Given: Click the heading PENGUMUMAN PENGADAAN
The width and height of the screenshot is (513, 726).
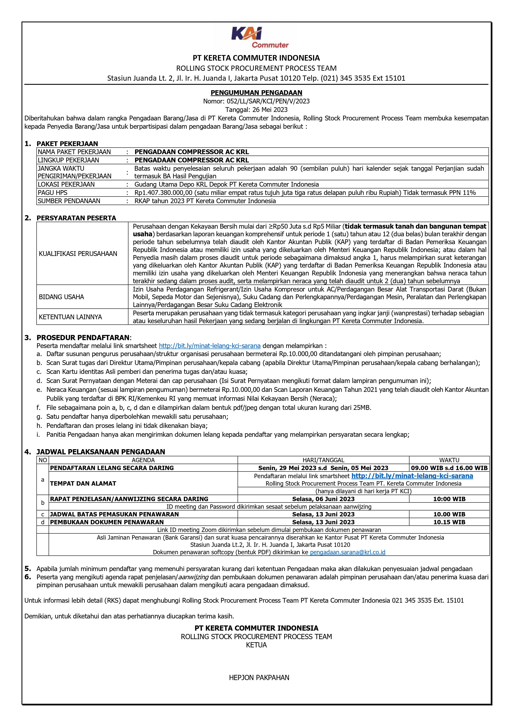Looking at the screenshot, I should [x=256, y=93].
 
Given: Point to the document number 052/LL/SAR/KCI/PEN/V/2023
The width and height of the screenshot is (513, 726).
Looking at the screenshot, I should [x=268, y=101].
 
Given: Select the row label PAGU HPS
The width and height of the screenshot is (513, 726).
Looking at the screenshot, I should [x=53, y=193].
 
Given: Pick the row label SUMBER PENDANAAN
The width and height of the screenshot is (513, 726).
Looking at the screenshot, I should [x=69, y=201].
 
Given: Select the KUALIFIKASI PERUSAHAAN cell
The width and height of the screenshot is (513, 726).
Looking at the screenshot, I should [x=78, y=254].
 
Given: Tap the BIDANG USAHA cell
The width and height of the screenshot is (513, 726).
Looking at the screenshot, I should [x=61, y=297].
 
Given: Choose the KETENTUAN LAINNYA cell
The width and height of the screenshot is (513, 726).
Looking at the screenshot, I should [x=70, y=317].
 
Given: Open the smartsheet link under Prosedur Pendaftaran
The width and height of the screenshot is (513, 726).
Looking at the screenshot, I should [x=209, y=346].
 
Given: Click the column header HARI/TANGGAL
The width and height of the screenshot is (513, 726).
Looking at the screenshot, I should [x=323, y=460].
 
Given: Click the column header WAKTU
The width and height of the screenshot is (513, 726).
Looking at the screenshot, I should [x=449, y=460].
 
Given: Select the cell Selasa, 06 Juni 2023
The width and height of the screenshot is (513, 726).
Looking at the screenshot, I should [x=323, y=499].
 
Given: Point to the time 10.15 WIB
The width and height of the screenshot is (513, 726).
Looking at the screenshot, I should [x=449, y=522].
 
